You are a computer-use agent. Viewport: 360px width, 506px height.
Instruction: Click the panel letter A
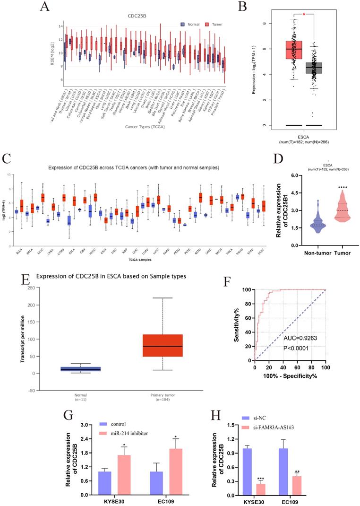pyautogui.click(x=45, y=7)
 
